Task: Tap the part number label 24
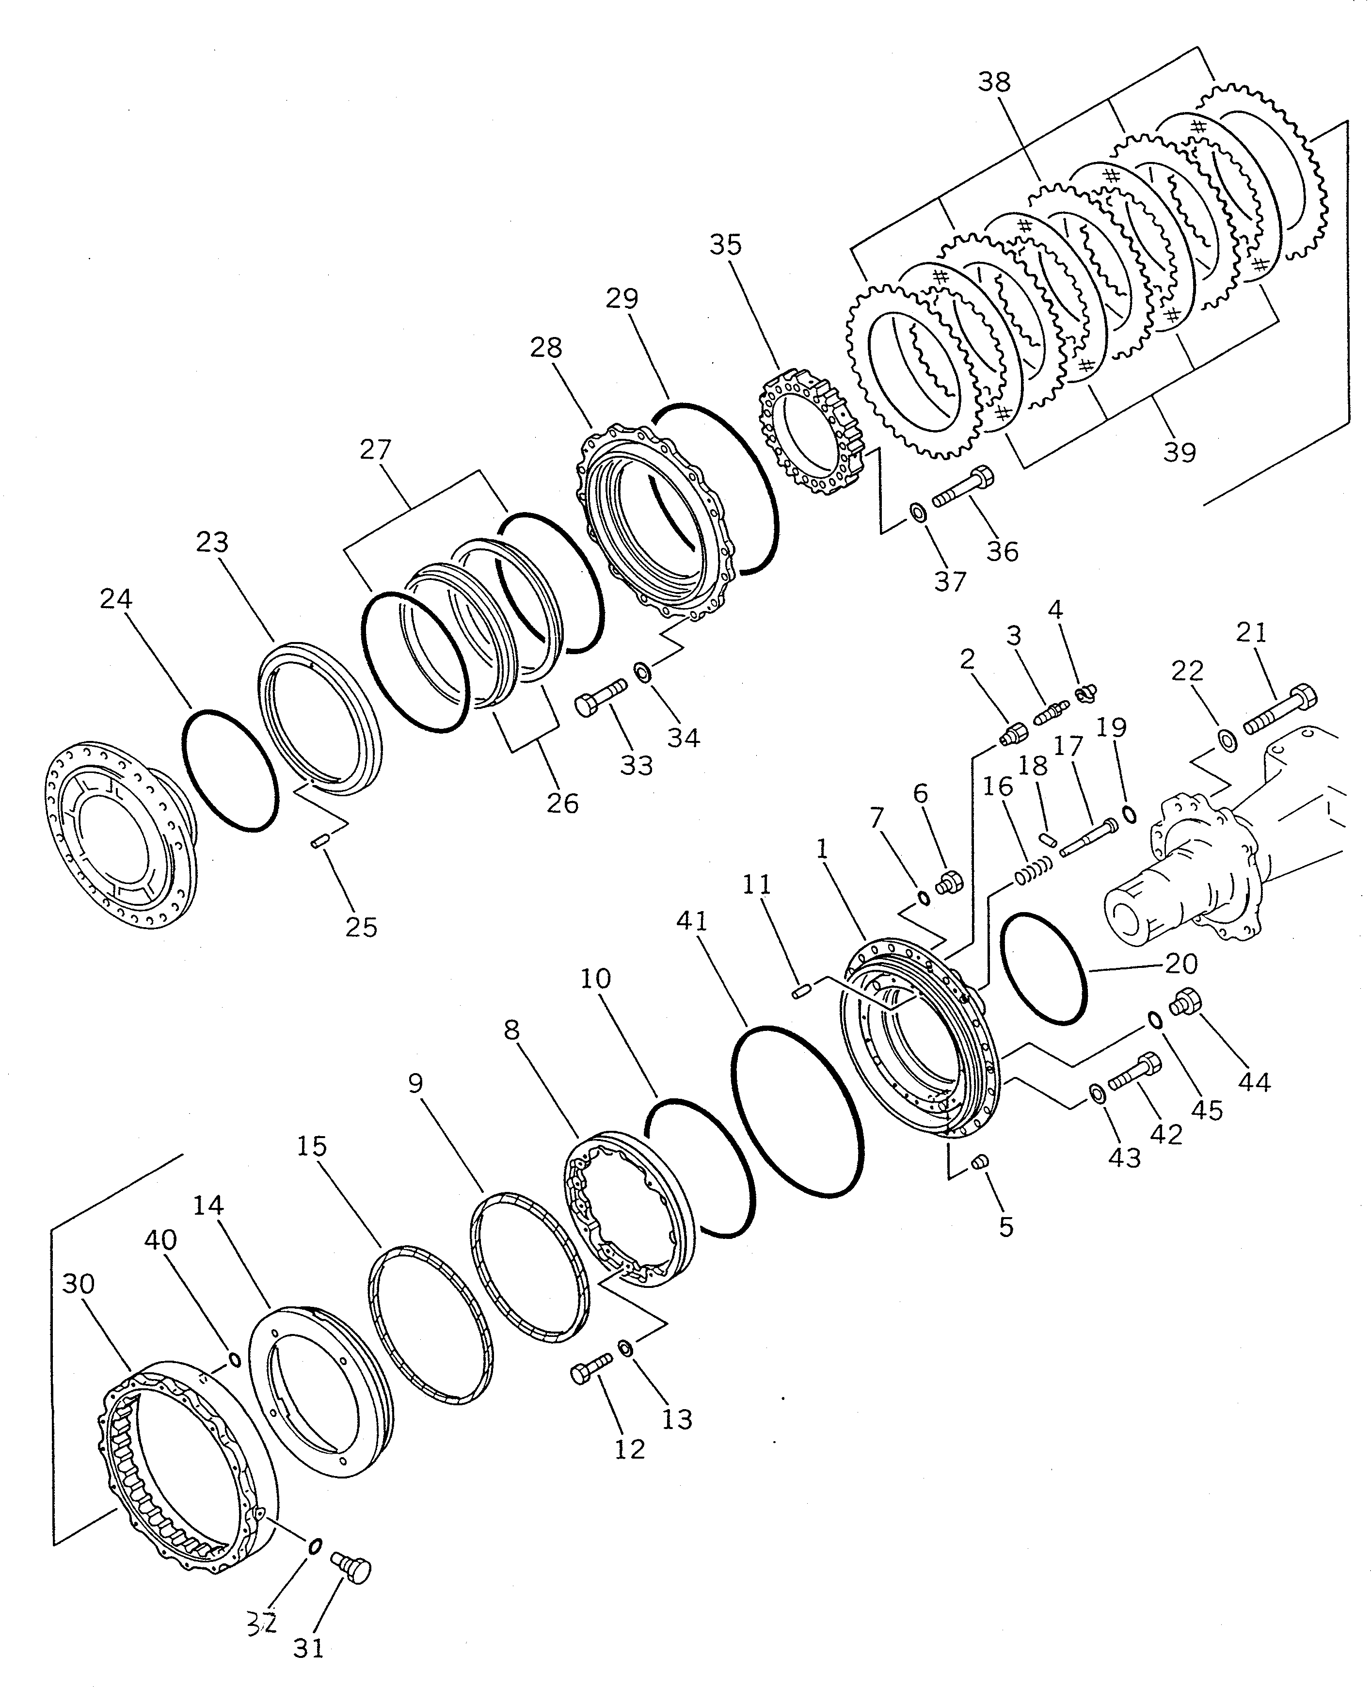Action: point(116,599)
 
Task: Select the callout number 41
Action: point(692,921)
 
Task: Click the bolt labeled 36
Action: point(963,486)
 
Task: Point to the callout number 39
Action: point(1179,452)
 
